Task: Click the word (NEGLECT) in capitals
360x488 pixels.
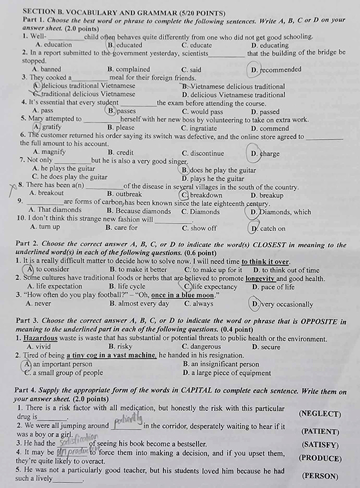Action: (320, 413)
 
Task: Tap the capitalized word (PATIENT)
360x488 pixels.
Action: (320, 431)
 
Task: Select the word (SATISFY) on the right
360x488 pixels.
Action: (320, 445)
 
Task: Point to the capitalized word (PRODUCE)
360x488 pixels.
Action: (320, 458)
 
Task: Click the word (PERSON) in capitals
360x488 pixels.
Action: (320, 475)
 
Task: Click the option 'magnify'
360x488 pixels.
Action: (49, 152)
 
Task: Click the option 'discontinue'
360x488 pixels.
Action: (202, 152)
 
